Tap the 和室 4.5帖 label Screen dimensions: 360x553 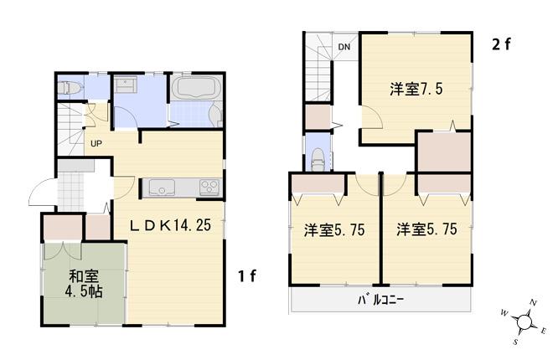pos(81,282)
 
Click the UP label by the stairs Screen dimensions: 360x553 pos(97,142)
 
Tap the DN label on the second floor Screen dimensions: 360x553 pos(344,47)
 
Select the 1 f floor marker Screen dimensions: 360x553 pos(245,275)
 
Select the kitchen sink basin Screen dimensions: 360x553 pos(160,188)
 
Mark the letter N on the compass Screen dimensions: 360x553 pos(533,302)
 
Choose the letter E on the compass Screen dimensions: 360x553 pos(545,330)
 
